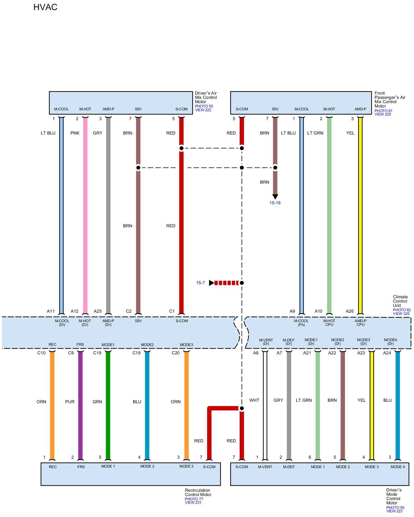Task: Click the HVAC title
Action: [45, 7]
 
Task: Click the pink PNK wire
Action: [85, 216]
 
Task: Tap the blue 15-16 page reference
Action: [275, 203]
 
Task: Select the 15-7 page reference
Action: [201, 283]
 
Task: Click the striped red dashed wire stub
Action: [227, 283]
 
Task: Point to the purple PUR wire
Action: [80, 405]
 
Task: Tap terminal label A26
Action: [350, 311]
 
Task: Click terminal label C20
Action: [175, 353]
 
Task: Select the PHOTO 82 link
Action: [402, 310]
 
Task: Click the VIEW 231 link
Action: [193, 502]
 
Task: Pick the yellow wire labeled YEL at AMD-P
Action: [360, 216]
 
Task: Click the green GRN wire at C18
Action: [108, 405]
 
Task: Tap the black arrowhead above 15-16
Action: [275, 197]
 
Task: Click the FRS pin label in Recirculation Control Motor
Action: [81, 467]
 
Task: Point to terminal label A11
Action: [51, 311]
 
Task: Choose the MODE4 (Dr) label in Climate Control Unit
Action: [390, 342]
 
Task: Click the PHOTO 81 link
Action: [383, 111]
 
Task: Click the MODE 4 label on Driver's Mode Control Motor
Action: [398, 467]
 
